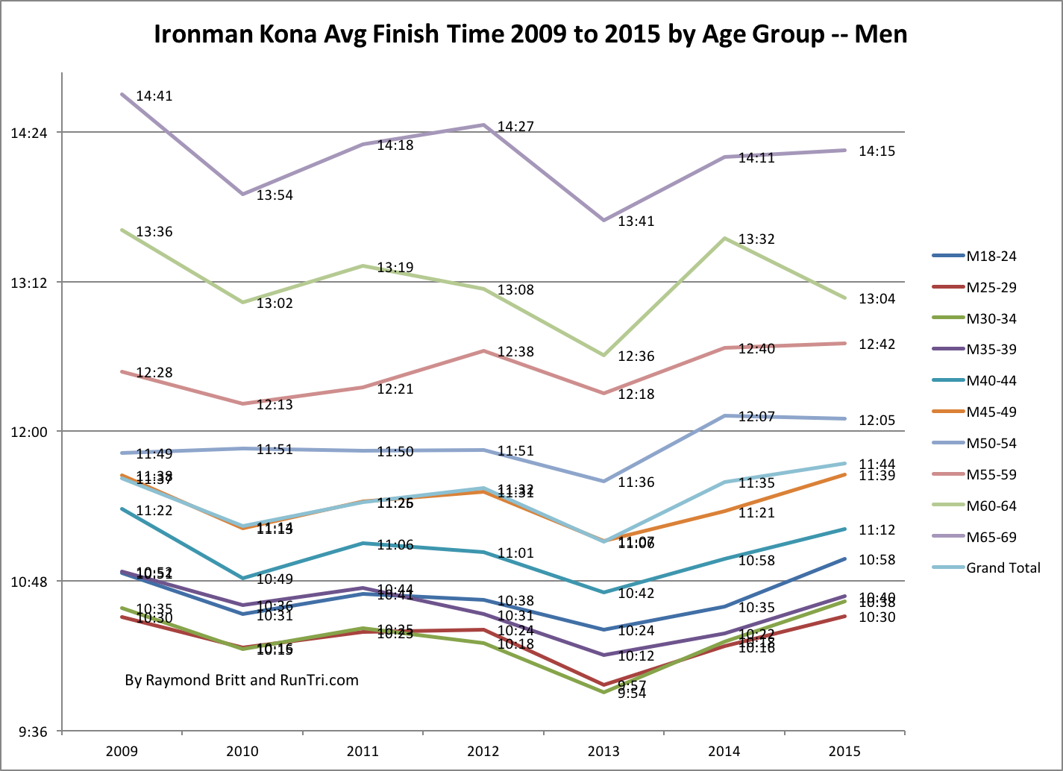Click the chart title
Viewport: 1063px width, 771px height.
click(x=530, y=34)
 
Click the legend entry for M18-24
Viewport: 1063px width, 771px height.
click(x=991, y=257)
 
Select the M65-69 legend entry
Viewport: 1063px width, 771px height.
click(x=991, y=537)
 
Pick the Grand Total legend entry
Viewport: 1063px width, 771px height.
click(x=1003, y=568)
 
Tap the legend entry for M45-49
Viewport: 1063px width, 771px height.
click(x=991, y=412)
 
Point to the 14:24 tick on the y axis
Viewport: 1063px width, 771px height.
click(x=29, y=133)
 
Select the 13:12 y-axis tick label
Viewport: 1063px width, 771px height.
click(x=29, y=283)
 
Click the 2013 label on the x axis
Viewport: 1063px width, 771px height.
click(x=603, y=751)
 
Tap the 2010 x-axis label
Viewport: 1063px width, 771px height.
click(x=242, y=751)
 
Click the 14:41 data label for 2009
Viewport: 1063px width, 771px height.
click(x=154, y=96)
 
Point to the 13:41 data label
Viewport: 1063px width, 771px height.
click(x=636, y=221)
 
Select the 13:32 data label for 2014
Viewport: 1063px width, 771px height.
click(x=756, y=239)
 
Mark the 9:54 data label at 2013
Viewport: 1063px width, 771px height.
click(x=632, y=693)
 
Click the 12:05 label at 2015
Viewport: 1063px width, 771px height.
click(x=877, y=420)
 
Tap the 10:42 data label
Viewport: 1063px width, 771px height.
click(x=636, y=594)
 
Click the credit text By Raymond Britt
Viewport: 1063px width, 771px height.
click(x=242, y=680)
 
